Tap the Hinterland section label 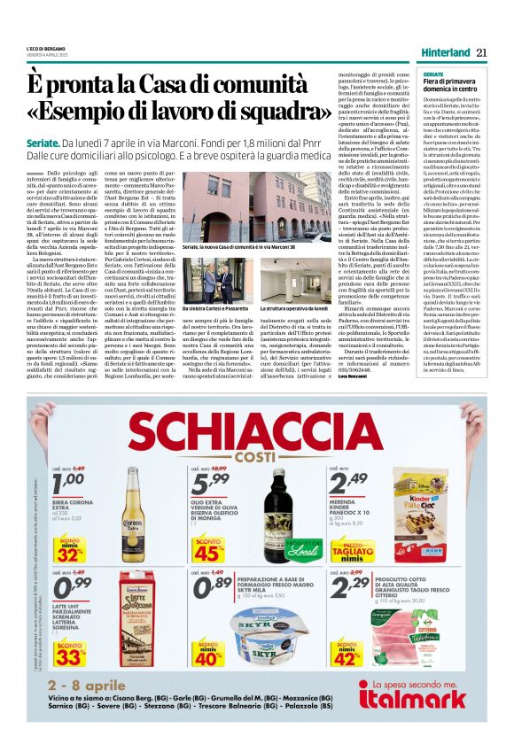pyautogui.click(x=440, y=53)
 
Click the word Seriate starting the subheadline pyautogui.click(x=44, y=142)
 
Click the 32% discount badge pyautogui.click(x=67, y=552)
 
